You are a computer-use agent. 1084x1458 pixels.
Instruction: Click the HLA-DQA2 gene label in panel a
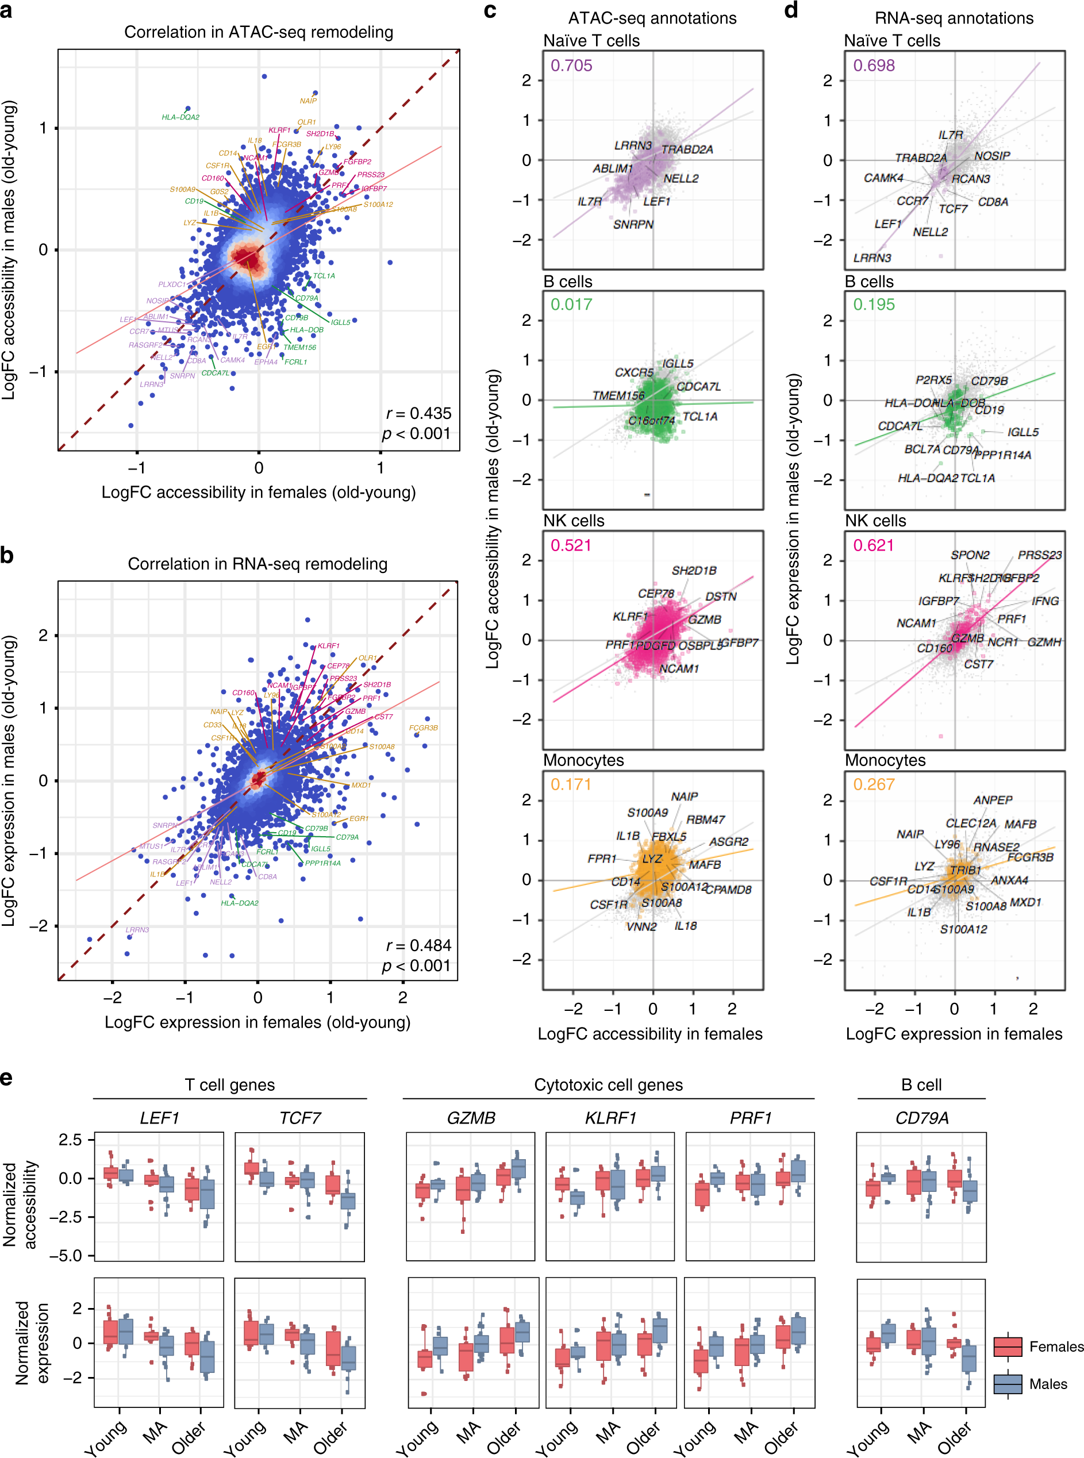pyautogui.click(x=180, y=117)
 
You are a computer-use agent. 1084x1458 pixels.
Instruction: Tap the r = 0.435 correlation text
pyautogui.click(x=418, y=413)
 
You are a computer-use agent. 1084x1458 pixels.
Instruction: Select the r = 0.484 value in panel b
pyautogui.click(x=418, y=945)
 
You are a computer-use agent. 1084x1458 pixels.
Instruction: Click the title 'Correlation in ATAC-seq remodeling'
pyautogui.click(x=259, y=32)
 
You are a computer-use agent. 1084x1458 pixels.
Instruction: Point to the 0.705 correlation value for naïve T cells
pyautogui.click(x=571, y=66)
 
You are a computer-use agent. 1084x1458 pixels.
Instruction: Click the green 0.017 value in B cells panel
pyautogui.click(x=571, y=305)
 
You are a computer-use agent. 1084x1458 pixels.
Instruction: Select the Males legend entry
pyautogui.click(x=1047, y=1384)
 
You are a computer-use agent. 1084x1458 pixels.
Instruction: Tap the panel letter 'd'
pyautogui.click(x=791, y=10)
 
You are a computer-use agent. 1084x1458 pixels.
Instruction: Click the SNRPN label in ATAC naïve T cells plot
pyautogui.click(x=633, y=224)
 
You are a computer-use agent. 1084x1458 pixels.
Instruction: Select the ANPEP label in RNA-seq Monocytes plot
pyautogui.click(x=993, y=800)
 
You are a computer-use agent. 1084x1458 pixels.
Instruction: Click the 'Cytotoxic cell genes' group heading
pyautogui.click(x=608, y=1084)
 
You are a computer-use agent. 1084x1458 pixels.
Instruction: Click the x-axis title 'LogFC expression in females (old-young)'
pyautogui.click(x=257, y=1022)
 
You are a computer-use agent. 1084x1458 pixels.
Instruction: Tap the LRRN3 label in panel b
pyautogui.click(x=137, y=930)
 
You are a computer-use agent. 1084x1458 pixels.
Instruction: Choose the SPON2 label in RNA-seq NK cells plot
pyautogui.click(x=970, y=555)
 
